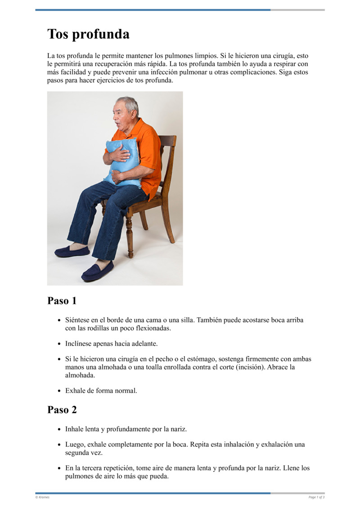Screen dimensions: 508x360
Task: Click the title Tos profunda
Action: [88, 34]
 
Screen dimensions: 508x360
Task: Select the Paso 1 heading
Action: [62, 301]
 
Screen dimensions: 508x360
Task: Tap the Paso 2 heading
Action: [62, 410]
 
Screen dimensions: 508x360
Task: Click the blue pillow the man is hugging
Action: [122, 162]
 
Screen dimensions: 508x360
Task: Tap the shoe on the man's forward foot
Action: [97, 272]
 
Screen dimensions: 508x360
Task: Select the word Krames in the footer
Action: [44, 497]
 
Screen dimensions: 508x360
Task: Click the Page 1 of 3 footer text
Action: [316, 497]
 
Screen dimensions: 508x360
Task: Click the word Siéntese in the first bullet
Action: [77, 320]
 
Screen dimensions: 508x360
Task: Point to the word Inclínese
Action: [80, 343]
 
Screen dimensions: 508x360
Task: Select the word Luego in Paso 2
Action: [75, 444]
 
